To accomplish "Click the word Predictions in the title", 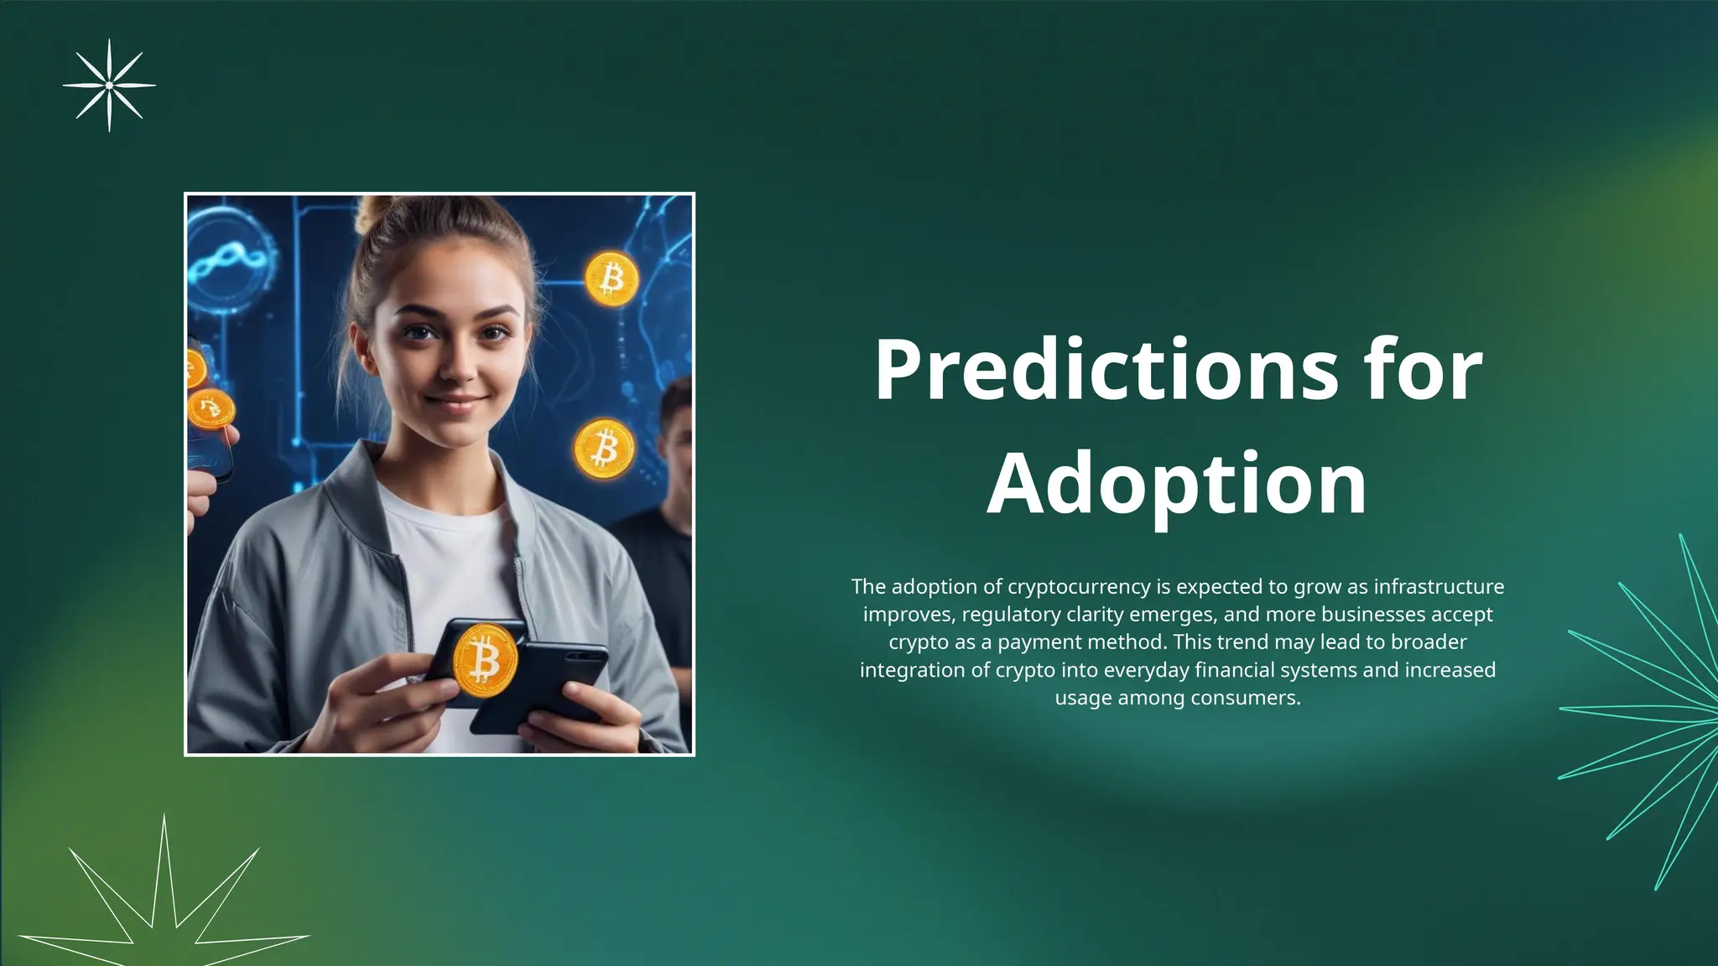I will click(x=1106, y=370).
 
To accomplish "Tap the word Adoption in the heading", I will click(x=1177, y=484).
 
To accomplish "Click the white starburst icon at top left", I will click(x=109, y=85).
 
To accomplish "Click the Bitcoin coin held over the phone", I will click(x=484, y=660).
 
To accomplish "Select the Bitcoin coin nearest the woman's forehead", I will click(x=612, y=278).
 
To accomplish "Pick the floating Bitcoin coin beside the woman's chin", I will click(x=604, y=449).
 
